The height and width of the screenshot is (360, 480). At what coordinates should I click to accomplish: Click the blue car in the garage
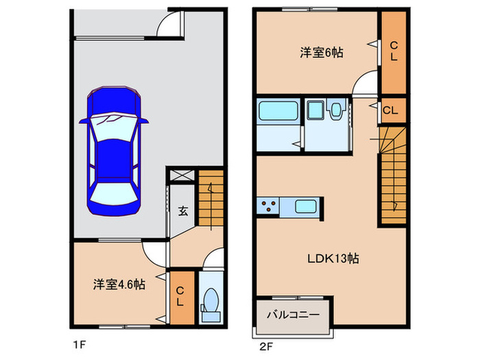(x=114, y=151)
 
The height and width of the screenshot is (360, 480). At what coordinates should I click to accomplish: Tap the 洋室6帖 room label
(x=321, y=53)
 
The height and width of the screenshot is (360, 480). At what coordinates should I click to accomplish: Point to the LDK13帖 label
(x=333, y=259)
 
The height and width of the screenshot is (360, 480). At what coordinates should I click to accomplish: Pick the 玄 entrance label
(x=184, y=211)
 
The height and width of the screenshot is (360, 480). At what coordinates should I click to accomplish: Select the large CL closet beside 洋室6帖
(x=394, y=52)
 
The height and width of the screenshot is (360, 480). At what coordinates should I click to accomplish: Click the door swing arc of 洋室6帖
(x=363, y=84)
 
